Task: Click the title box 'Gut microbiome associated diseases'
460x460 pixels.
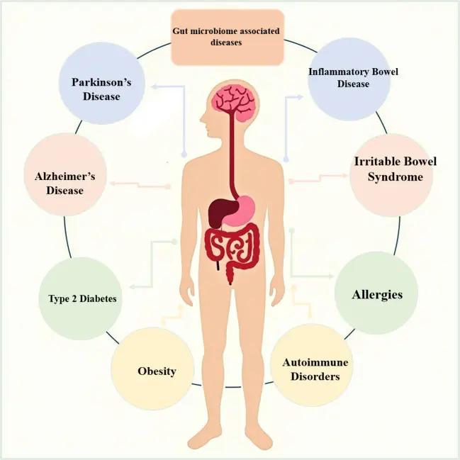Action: (228, 37)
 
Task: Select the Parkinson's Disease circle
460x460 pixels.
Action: (102, 83)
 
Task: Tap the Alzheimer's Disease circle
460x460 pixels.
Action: (64, 174)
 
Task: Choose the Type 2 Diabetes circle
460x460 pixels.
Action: (80, 298)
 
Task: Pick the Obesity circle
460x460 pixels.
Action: (152, 369)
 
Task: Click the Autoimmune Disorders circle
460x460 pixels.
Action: (312, 365)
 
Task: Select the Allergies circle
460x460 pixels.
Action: (376, 293)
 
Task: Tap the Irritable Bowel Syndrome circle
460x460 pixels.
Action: (391, 175)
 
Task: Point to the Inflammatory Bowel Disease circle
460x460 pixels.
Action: (349, 79)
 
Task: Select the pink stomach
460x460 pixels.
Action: (240, 210)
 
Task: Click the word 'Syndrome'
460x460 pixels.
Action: (396, 177)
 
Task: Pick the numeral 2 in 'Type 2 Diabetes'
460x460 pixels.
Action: (74, 298)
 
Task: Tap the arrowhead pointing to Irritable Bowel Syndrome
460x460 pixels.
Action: (344, 176)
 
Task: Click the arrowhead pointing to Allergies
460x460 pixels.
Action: (330, 276)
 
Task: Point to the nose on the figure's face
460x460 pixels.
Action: (202, 119)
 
